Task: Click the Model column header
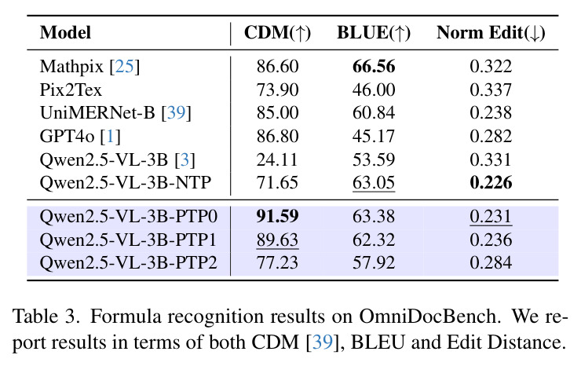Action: (65, 33)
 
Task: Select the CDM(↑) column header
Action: (277, 33)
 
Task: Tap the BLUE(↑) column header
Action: (374, 33)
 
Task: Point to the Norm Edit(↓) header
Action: (491, 33)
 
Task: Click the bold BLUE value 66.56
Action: (374, 67)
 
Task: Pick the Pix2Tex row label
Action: (71, 90)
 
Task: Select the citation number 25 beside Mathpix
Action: (124, 67)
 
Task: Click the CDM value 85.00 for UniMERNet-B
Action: (277, 113)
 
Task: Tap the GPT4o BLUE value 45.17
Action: (374, 136)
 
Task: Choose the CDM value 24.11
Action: (277, 159)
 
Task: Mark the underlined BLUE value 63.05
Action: (374, 183)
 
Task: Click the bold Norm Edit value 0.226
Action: (491, 183)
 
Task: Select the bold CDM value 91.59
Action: (277, 216)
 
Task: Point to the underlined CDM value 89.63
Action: (277, 240)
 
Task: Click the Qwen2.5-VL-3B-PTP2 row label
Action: (128, 263)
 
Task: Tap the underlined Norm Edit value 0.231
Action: (491, 217)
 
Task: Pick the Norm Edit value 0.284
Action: (491, 263)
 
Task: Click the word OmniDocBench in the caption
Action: (428, 317)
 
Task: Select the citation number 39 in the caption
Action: (323, 342)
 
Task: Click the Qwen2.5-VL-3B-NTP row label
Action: (126, 183)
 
